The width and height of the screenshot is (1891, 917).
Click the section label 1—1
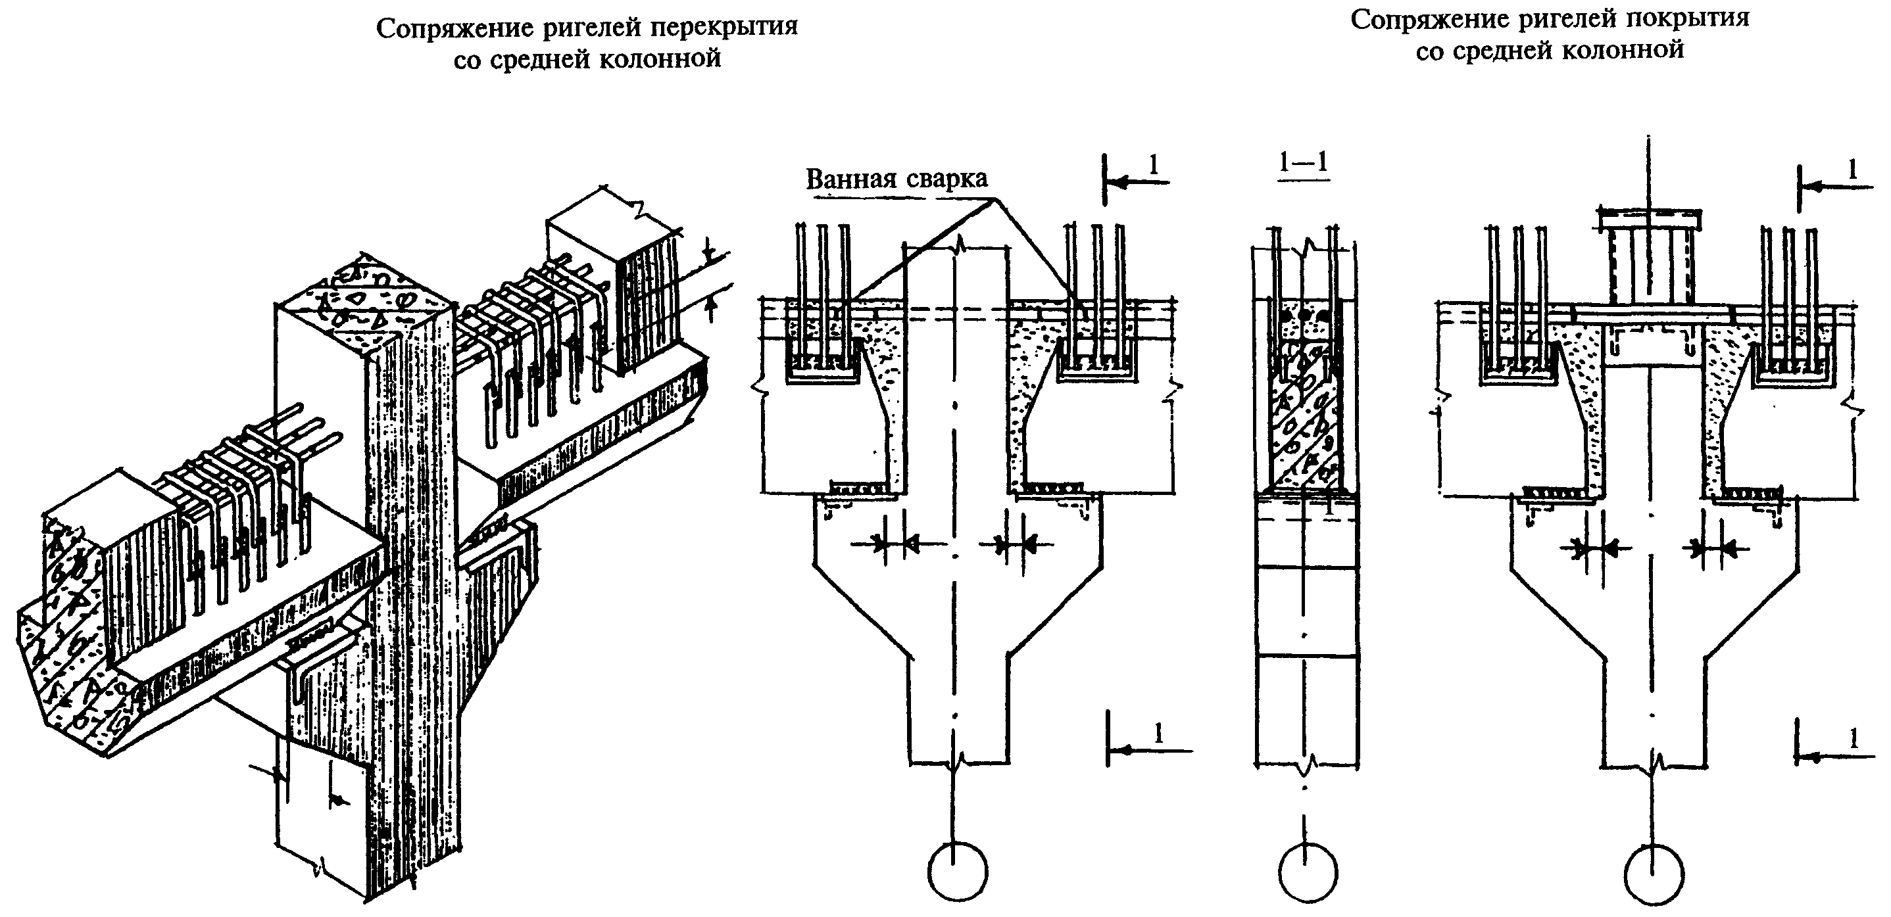[1304, 163]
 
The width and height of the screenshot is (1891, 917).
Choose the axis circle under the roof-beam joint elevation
[1654, 875]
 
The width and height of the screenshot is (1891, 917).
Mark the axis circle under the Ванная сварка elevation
[957, 871]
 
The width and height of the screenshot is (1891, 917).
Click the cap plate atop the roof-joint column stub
[1650, 218]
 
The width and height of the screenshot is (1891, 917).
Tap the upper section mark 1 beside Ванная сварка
[1152, 165]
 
